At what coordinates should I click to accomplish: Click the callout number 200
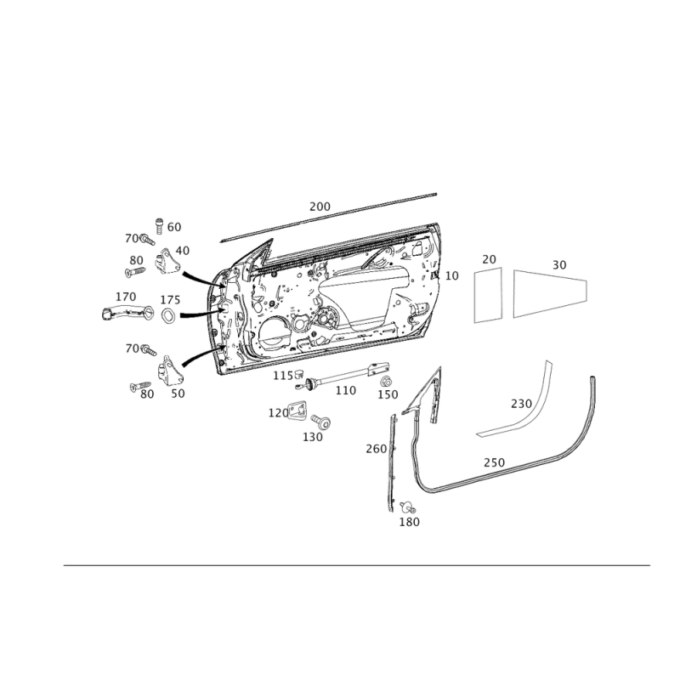click(x=320, y=207)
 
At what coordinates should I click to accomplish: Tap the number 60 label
click(x=174, y=227)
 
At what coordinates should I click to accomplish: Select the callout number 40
click(x=183, y=250)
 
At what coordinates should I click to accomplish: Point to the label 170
click(x=126, y=297)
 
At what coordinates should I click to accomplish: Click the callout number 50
click(x=178, y=393)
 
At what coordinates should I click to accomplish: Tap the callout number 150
click(x=388, y=395)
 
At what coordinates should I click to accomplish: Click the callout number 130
click(x=313, y=436)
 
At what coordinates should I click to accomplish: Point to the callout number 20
click(x=489, y=258)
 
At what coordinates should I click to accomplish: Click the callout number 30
click(x=558, y=265)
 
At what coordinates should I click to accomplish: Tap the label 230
click(x=519, y=402)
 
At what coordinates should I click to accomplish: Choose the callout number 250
click(x=494, y=462)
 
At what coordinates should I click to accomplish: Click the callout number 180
click(x=410, y=522)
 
